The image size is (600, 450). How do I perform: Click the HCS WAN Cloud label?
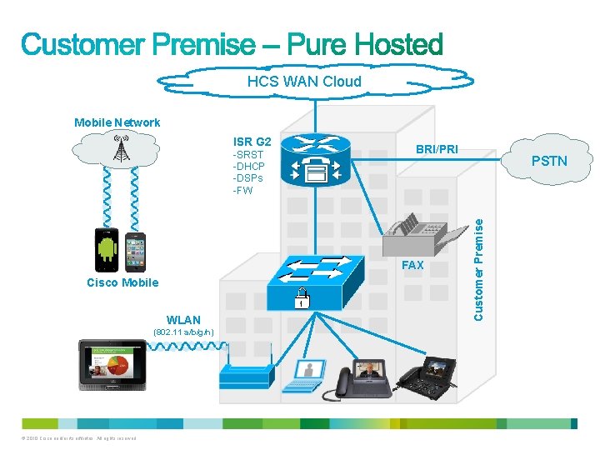point(304,82)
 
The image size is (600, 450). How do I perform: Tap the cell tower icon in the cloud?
point(122,149)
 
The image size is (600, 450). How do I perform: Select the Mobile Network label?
point(117,122)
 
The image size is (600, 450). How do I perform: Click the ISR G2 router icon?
point(316,159)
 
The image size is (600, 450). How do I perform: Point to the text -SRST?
point(248,155)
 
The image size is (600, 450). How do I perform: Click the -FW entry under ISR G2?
point(242,190)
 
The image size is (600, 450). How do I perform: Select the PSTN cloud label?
point(548,160)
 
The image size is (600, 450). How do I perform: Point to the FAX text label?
point(412,265)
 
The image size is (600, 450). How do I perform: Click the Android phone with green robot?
point(107,249)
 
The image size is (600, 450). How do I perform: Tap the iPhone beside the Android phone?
point(135,251)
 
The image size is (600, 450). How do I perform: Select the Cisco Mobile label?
point(122,282)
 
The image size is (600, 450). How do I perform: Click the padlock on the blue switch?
point(297,297)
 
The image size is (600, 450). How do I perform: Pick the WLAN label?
point(183,320)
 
